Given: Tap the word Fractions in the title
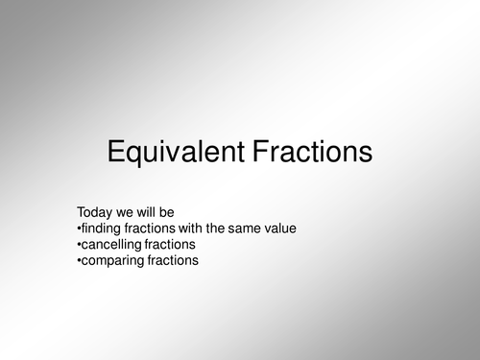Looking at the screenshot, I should coord(308,153).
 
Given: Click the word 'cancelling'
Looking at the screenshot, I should coord(111,243).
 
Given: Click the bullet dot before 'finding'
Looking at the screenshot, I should coord(78,228).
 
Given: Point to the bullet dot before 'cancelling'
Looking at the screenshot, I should coord(78,244).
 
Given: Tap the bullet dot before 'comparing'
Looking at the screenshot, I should coord(78,260).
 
